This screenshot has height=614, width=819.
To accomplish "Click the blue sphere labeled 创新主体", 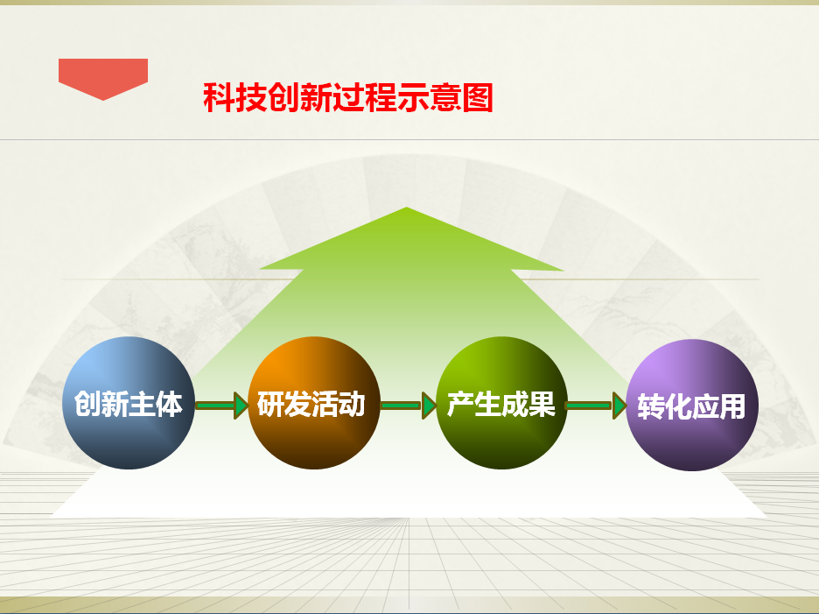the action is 129,403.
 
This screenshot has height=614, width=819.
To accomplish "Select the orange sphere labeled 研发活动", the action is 314,403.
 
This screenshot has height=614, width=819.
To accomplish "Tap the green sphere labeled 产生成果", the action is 501,403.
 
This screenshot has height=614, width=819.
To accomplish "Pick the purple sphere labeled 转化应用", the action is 692,405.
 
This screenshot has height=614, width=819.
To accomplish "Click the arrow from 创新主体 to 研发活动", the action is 221,406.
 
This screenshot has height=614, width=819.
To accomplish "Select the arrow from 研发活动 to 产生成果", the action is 409,406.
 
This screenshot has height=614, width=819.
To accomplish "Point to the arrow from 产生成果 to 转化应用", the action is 597,406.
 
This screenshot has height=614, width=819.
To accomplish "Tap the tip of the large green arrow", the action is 406,208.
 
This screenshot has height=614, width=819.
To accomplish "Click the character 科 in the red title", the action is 219,97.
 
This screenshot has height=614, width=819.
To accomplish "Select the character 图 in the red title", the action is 478,97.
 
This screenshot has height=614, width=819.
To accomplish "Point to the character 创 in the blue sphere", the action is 87,404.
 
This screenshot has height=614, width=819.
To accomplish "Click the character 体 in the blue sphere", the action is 169,404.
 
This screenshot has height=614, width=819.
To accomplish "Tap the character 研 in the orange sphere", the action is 270,404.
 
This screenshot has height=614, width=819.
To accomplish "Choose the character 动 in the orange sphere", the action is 352,404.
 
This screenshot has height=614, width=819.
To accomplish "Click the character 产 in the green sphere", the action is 460,404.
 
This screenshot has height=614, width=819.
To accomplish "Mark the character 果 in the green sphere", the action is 542,404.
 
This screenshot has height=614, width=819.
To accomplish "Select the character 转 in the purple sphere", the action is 651,406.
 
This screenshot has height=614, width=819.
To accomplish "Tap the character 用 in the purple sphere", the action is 732,406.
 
